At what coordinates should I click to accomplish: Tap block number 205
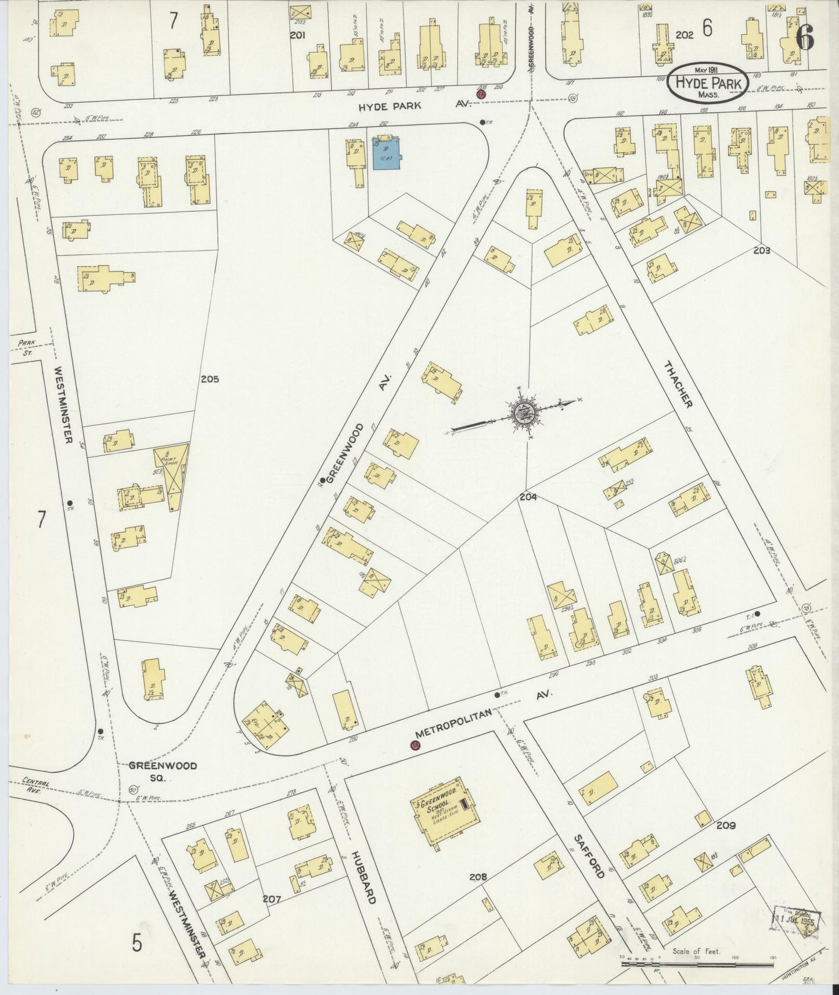[210, 379]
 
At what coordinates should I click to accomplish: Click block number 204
[528, 497]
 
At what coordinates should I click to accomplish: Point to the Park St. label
[26, 347]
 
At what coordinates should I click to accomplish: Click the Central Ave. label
[37, 785]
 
